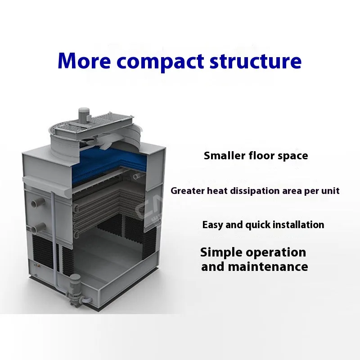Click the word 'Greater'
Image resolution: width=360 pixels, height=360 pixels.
[x=188, y=191]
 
